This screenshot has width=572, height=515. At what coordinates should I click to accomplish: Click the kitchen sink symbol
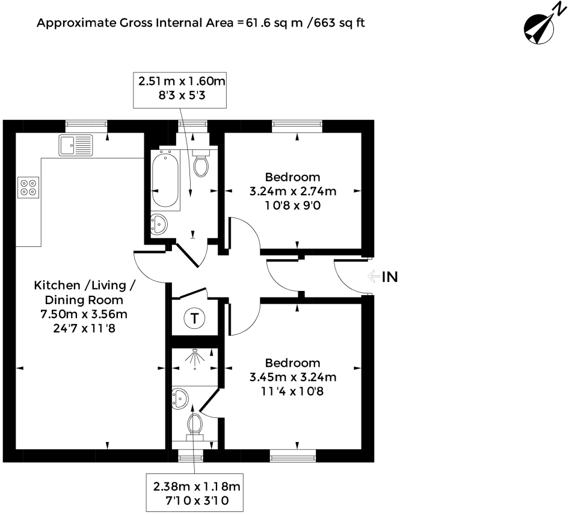click(76, 145)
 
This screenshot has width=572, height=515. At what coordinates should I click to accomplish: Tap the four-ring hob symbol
click(28, 187)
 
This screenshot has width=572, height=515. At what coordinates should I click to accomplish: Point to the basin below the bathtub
click(159, 224)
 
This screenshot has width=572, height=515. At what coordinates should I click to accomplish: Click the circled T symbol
click(194, 319)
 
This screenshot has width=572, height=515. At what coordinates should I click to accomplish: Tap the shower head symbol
click(195, 358)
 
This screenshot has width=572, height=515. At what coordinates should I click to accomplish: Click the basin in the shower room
click(180, 399)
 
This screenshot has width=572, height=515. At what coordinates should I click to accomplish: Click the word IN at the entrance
click(390, 277)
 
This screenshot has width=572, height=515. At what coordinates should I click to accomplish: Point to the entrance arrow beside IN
click(374, 276)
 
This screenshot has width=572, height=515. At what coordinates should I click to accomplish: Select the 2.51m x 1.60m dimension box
click(180, 90)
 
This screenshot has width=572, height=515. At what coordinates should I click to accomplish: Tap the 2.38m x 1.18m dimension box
click(194, 493)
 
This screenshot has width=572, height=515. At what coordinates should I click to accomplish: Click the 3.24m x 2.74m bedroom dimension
click(293, 191)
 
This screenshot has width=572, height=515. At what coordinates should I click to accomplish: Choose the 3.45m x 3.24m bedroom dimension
click(293, 377)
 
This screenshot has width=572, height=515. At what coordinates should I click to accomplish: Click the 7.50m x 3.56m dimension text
click(84, 314)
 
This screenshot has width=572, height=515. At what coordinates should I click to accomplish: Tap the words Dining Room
click(84, 300)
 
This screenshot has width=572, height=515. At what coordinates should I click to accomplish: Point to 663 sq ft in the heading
click(339, 23)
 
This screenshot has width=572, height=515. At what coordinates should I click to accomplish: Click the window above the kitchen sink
click(87, 126)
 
